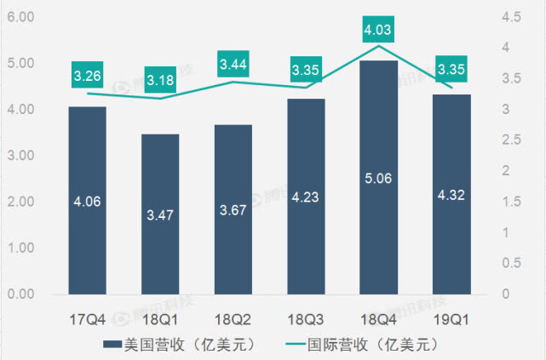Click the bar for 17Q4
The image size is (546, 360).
tap(88, 200)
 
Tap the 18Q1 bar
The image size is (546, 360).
tap(160, 214)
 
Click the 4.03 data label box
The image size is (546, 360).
tap(378, 31)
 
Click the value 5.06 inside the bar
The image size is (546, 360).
tap(378, 202)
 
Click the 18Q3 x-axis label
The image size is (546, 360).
tap(306, 321)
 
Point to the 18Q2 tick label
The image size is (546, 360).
tap(233, 321)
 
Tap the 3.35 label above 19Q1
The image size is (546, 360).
tap(451, 68)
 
